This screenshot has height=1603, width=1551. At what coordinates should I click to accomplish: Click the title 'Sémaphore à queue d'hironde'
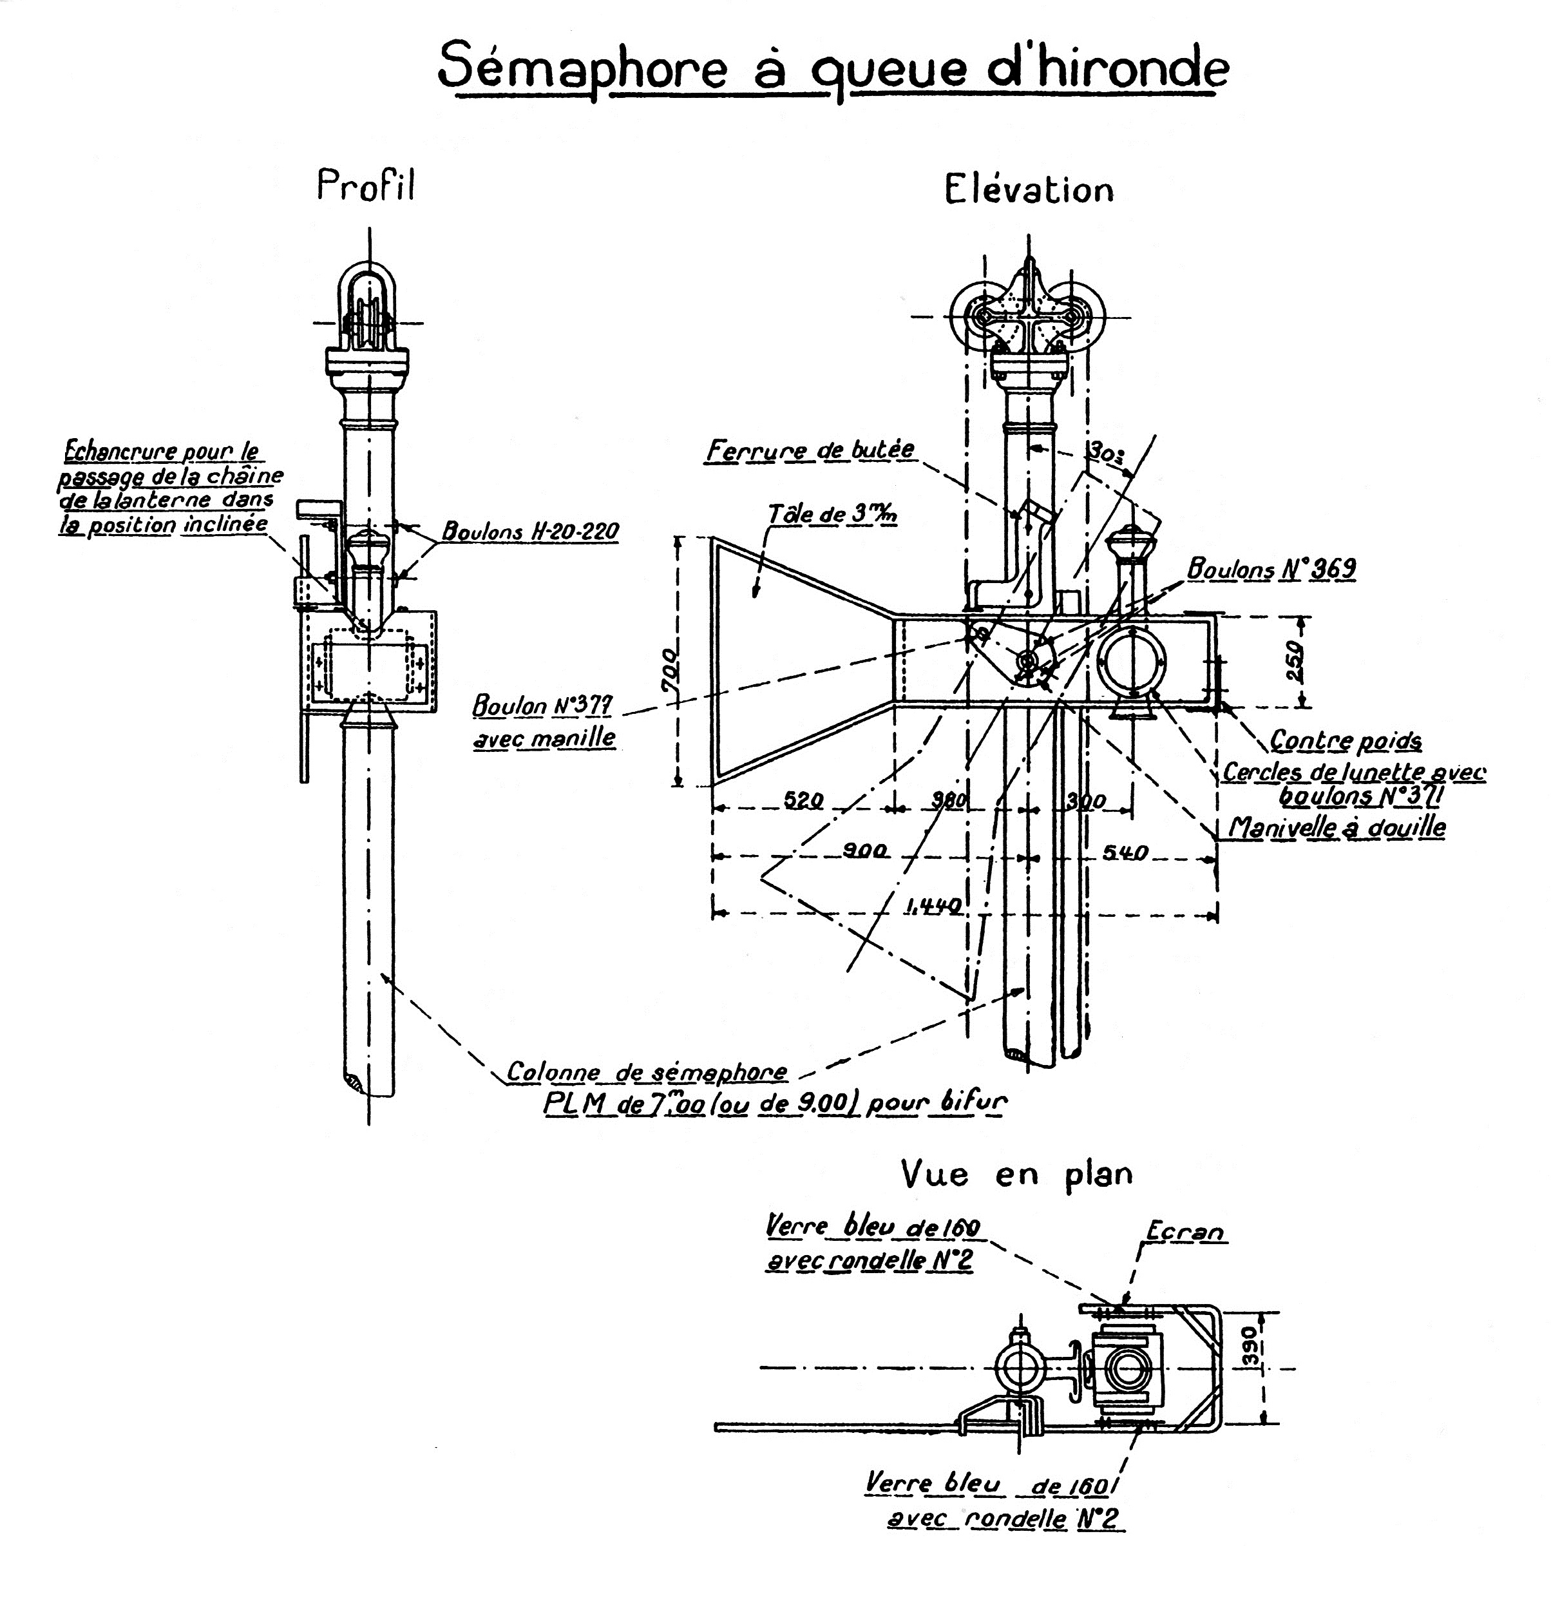click(832, 68)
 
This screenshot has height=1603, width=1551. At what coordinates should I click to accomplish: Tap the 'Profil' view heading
click(365, 185)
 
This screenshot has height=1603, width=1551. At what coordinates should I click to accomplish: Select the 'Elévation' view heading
click(1029, 189)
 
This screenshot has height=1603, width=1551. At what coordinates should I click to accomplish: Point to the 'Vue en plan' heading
click(1016, 1174)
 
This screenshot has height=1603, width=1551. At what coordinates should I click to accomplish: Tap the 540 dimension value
click(1125, 852)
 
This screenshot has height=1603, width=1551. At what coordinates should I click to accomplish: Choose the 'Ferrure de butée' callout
click(810, 450)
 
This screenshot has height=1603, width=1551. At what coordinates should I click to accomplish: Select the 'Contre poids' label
click(1345, 741)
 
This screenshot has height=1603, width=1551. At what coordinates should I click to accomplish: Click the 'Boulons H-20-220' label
click(530, 532)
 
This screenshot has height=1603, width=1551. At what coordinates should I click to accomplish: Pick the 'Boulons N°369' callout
click(1271, 568)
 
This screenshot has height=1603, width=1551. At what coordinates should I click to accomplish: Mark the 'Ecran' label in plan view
click(1185, 1231)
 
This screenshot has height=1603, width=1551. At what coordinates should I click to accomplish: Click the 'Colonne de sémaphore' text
click(647, 1071)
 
